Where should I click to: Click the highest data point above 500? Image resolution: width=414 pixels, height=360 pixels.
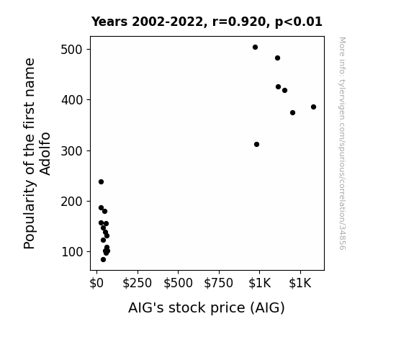point(255,48)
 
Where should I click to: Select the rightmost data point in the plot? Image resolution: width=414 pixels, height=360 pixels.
point(313,107)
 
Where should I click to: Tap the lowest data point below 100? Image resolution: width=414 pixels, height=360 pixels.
point(103,260)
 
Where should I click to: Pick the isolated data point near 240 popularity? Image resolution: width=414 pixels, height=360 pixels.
point(101,181)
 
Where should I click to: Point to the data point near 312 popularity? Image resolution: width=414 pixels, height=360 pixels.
point(256,144)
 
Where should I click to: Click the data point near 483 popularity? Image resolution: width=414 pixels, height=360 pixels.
point(277,58)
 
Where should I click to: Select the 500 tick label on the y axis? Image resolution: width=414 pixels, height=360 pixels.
point(72,50)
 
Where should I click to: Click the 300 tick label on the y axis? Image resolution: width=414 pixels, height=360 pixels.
point(72,150)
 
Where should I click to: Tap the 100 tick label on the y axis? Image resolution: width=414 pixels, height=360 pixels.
point(72,252)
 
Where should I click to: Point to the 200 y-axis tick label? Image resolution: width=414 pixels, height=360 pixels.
point(72,202)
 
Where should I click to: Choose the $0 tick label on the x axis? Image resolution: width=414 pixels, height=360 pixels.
point(96,283)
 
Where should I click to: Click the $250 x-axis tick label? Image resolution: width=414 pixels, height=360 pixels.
point(137,283)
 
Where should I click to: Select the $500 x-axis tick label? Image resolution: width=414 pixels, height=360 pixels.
point(178,283)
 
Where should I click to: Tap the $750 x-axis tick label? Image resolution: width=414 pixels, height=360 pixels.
point(219,283)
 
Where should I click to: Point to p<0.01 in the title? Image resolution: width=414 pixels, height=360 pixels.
point(299,22)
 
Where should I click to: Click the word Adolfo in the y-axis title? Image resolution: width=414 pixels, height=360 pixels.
point(45,153)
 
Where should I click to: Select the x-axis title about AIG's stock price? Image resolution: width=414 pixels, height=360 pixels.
point(207,307)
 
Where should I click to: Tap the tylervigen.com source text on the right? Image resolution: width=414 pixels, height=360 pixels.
point(342,143)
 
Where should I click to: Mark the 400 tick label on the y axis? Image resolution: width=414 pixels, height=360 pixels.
point(72,100)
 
